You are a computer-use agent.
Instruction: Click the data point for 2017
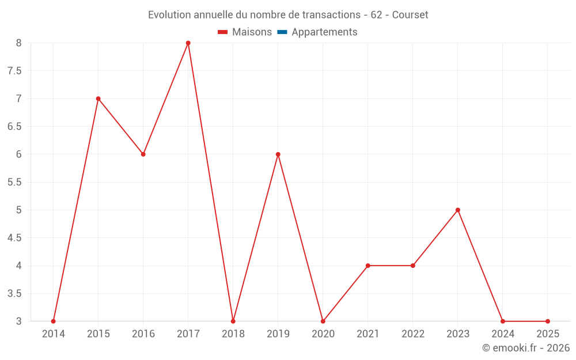coord(188,43)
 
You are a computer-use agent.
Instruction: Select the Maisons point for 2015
coord(98,98)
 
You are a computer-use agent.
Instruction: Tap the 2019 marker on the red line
coord(278,154)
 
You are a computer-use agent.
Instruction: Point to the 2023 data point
coord(458,210)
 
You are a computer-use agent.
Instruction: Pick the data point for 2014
coord(54,321)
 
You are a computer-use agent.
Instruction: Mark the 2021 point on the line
coord(368,266)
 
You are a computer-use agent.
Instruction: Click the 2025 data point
coord(548,321)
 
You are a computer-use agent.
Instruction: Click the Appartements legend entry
coord(324,32)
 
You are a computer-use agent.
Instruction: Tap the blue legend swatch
coord(282,32)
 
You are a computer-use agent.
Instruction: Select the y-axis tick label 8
coord(18,43)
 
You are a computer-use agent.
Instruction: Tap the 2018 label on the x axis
coord(233,334)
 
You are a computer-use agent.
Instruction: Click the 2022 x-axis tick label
coord(413,334)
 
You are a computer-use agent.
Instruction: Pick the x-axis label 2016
coord(143,334)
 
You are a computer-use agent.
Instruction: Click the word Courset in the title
coord(410,15)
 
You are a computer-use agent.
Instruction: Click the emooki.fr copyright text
coord(526,348)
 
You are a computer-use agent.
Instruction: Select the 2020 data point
coord(323,321)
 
